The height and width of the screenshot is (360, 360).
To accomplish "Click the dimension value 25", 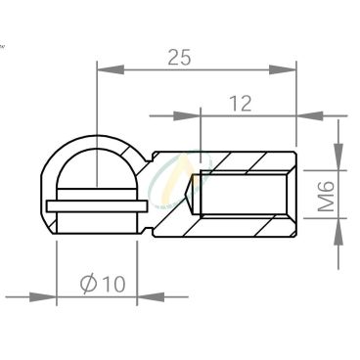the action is pyautogui.click(x=179, y=58).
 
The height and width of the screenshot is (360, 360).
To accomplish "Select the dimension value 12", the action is pyautogui.click(x=241, y=104).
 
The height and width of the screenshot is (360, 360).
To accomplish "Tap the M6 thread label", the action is pyautogui.click(x=327, y=196).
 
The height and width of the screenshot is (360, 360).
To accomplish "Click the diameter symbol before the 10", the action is pyautogui.click(x=89, y=283).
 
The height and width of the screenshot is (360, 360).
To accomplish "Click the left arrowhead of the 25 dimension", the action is pyautogui.click(x=111, y=69).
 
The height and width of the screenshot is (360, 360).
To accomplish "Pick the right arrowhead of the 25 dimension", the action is pyautogui.click(x=283, y=69).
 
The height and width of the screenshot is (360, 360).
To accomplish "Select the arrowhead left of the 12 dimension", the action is pyautogui.click(x=187, y=115).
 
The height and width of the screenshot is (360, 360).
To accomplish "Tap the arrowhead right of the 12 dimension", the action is pyautogui.click(x=310, y=115).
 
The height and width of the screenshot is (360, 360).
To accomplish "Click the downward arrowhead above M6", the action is pyautogui.click(x=338, y=157).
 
